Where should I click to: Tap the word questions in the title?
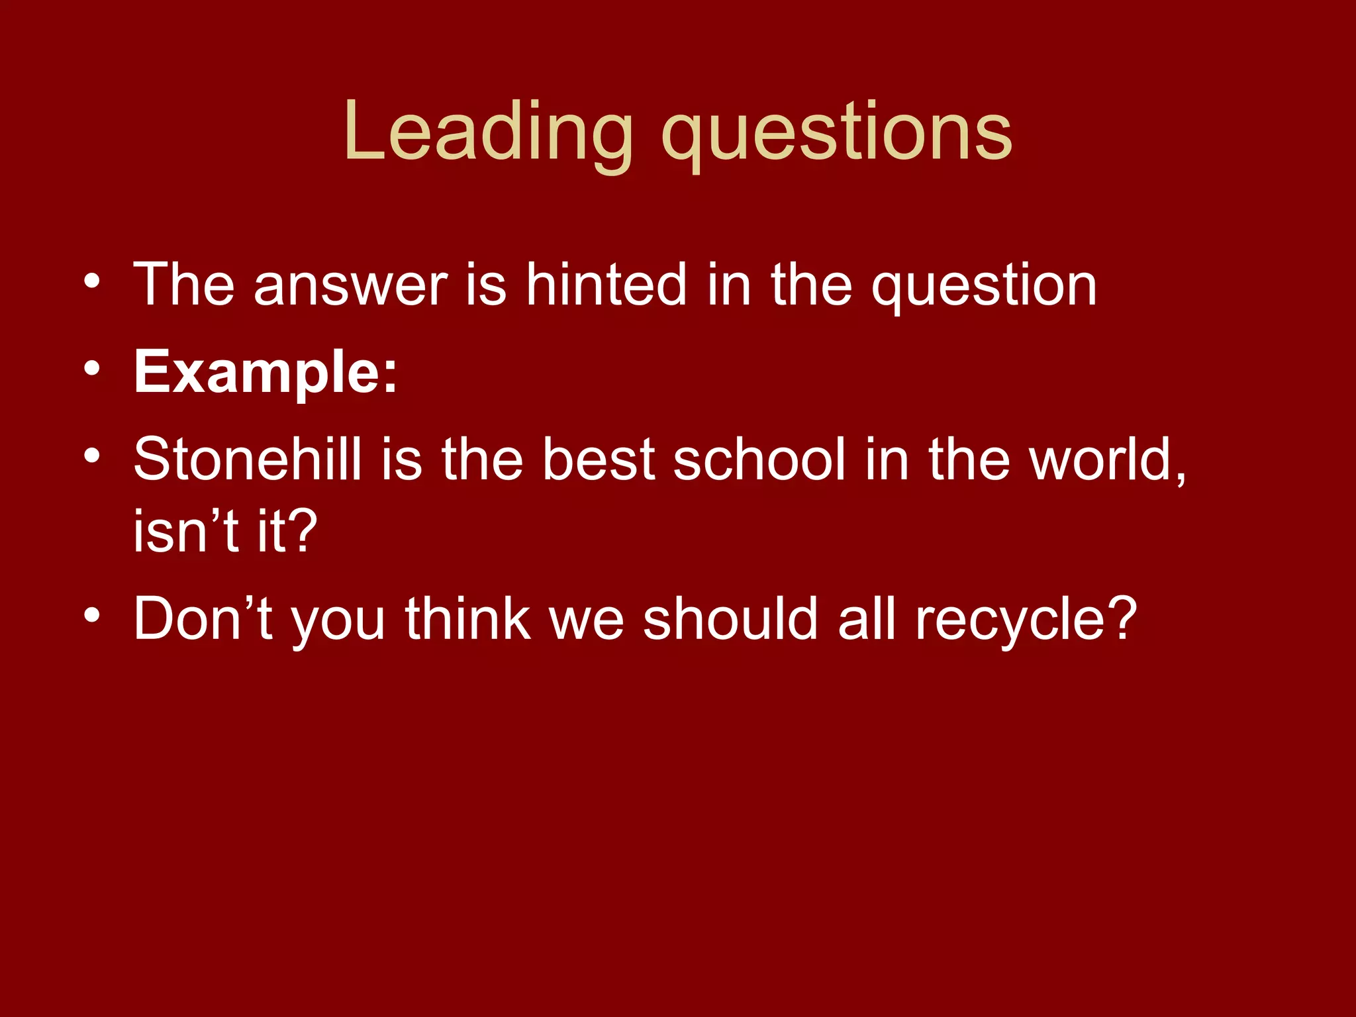click(x=837, y=136)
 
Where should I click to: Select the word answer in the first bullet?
click(x=350, y=286)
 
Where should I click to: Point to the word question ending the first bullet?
click(x=984, y=288)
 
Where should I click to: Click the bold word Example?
click(x=266, y=373)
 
